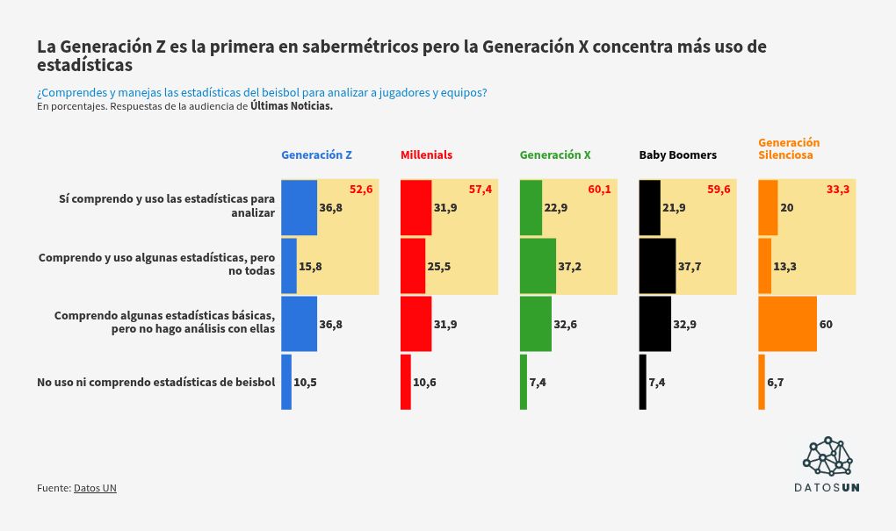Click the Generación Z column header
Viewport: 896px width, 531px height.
click(x=316, y=155)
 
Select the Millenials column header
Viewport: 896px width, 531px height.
click(x=426, y=155)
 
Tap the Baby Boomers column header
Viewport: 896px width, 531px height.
click(x=677, y=155)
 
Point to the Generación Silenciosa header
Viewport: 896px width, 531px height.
click(x=789, y=148)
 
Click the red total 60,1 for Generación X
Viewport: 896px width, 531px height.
click(x=600, y=190)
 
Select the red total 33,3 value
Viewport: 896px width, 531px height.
click(x=838, y=190)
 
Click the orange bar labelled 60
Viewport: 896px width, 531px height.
click(x=787, y=324)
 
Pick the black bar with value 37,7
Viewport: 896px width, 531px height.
click(x=657, y=266)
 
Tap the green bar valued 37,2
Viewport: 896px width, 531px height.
click(x=538, y=266)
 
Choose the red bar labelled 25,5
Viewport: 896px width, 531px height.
click(x=413, y=266)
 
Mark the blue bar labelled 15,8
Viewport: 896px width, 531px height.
click(x=289, y=266)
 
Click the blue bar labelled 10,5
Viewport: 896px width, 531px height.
click(x=286, y=382)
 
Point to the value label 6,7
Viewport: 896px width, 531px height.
click(x=775, y=382)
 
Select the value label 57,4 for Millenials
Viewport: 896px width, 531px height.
click(x=481, y=190)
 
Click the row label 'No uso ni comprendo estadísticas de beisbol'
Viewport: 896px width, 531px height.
click(x=156, y=382)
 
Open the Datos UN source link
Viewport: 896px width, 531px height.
click(x=95, y=488)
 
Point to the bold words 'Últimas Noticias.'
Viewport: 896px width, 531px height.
click(x=292, y=106)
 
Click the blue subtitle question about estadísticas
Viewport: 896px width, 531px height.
click(x=262, y=92)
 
